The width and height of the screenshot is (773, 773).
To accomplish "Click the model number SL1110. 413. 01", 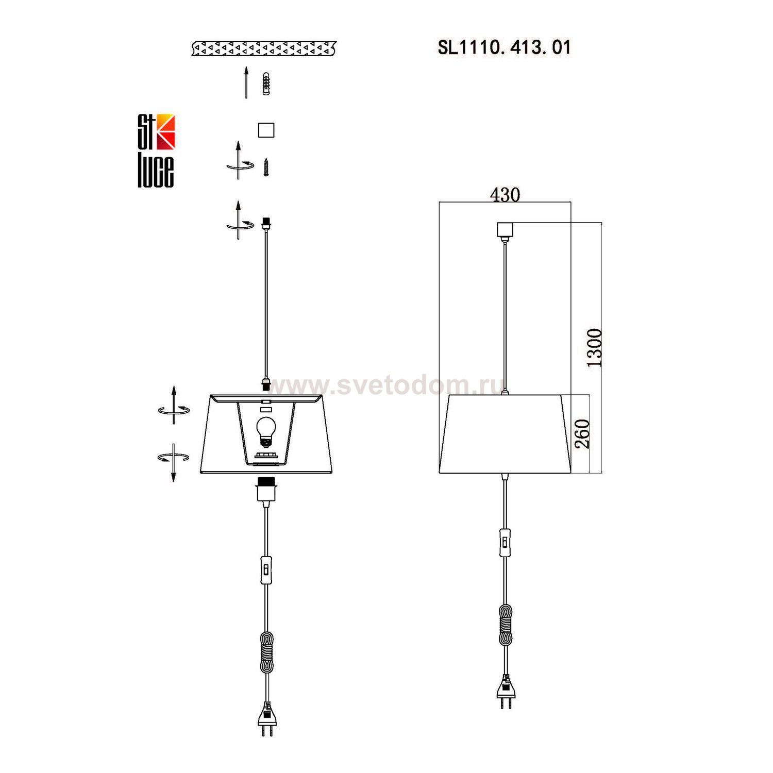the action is (x=504, y=47).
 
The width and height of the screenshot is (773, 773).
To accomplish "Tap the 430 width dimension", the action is (x=505, y=195).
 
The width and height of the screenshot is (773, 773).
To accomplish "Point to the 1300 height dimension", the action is (x=595, y=347).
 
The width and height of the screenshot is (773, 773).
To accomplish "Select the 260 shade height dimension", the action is (x=582, y=434).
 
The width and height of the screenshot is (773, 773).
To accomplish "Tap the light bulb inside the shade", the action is (x=266, y=431).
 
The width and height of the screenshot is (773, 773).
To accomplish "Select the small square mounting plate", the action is (x=266, y=130).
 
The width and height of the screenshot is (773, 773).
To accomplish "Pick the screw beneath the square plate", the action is (x=266, y=167).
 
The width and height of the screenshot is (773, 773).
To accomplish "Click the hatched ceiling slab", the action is (x=264, y=49).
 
